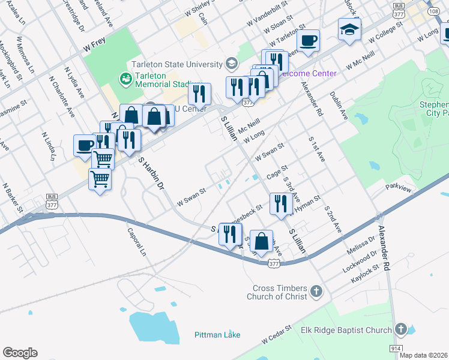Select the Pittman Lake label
point(217,335)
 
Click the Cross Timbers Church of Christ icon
point(317,292)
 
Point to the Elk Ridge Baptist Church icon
point(401,329)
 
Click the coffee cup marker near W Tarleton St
point(308,41)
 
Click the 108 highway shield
point(433,11)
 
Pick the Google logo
point(20,353)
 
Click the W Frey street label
point(94,46)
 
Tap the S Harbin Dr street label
point(151,175)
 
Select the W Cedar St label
point(276,336)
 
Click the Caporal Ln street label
point(136,242)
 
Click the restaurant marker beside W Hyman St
point(280,204)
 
